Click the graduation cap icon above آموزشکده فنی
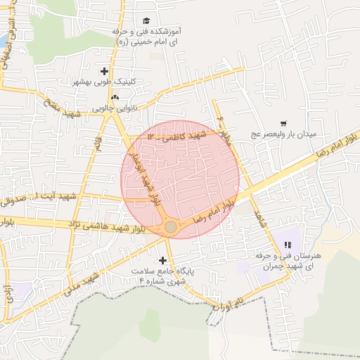[x=146, y=20]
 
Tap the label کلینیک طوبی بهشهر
[x=105, y=82]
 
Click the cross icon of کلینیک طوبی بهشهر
[x=105, y=70]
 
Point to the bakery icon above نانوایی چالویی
[x=115, y=97]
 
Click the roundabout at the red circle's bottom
[x=171, y=226]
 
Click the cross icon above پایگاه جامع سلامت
[x=163, y=259]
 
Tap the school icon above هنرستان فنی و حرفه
[x=287, y=245]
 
